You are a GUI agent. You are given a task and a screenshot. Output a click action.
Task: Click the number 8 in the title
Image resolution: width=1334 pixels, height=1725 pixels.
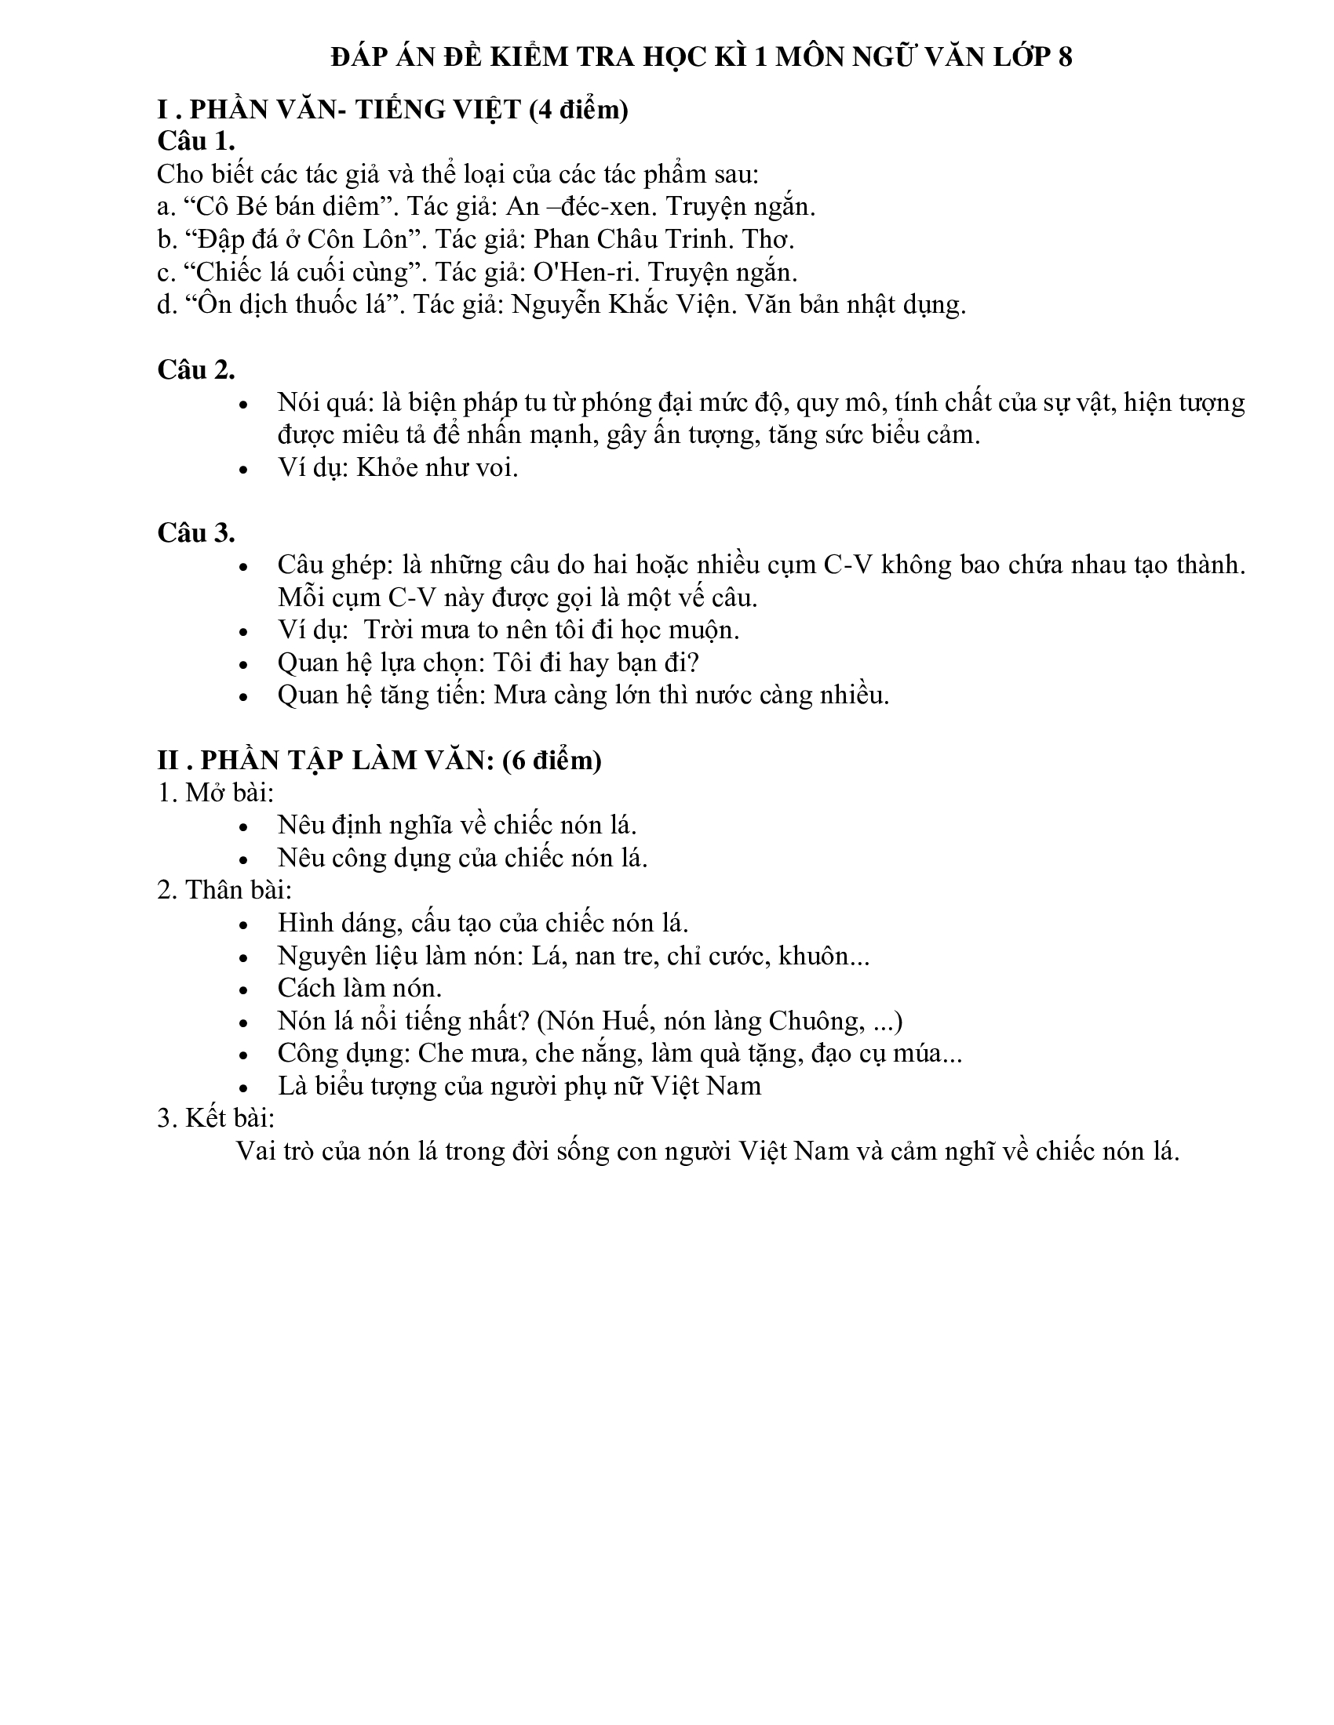pos(1065,58)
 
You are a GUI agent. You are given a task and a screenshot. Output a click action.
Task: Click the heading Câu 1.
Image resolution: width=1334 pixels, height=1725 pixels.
pos(196,140)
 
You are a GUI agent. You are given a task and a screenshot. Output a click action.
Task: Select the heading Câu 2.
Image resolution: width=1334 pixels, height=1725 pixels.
pos(196,369)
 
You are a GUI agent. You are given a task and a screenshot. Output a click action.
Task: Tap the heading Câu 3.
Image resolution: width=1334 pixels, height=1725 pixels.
pos(196,532)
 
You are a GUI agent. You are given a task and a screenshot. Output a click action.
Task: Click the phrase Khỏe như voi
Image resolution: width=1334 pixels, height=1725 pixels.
pos(437,467)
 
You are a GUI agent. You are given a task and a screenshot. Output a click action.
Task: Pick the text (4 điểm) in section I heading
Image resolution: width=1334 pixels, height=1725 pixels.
pos(578,110)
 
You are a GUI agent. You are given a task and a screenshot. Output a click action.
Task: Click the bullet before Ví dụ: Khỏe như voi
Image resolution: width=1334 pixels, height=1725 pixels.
pos(244,469)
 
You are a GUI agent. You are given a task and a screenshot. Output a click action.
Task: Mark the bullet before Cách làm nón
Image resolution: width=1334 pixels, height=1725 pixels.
pos(244,990)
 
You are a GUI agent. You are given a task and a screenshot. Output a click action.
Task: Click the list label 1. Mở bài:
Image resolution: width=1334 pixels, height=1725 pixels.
pos(216,792)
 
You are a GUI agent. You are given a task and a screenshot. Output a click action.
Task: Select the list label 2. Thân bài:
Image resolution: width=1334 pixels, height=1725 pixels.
pos(224,890)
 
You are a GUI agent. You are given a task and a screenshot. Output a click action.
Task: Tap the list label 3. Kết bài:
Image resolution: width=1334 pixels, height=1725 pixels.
pos(216,1118)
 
